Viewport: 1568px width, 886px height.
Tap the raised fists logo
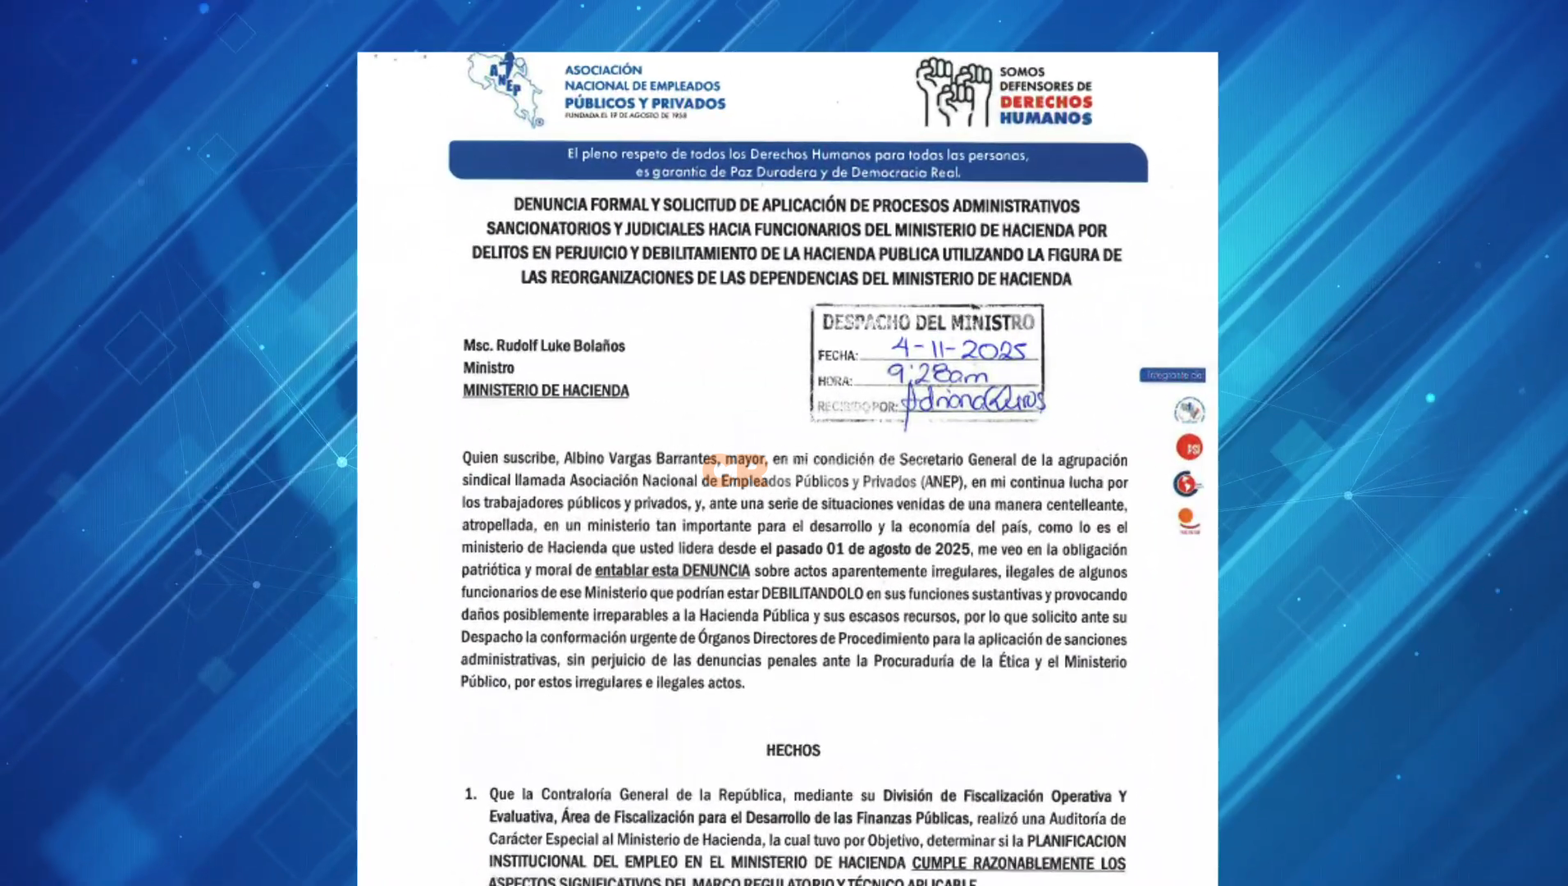tap(953, 92)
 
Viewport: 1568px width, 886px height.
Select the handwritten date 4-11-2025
tap(958, 349)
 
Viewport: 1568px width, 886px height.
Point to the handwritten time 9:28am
tap(938, 375)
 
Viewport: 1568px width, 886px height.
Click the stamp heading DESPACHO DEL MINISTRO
tap(928, 322)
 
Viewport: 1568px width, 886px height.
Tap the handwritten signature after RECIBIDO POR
tap(972, 403)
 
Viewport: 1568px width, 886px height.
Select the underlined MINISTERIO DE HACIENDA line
tap(546, 391)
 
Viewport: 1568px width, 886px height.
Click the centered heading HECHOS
tap(793, 750)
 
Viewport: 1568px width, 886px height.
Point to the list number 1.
tap(470, 794)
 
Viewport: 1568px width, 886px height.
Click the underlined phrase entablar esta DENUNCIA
tap(672, 571)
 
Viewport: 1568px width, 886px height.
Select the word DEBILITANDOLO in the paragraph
tap(811, 593)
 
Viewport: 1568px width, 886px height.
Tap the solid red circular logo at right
tap(1189, 447)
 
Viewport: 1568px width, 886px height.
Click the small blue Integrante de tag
tap(1172, 375)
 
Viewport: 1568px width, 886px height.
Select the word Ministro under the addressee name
tap(488, 368)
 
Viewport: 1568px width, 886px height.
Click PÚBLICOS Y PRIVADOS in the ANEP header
tap(645, 103)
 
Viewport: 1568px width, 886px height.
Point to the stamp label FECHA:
tap(838, 355)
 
